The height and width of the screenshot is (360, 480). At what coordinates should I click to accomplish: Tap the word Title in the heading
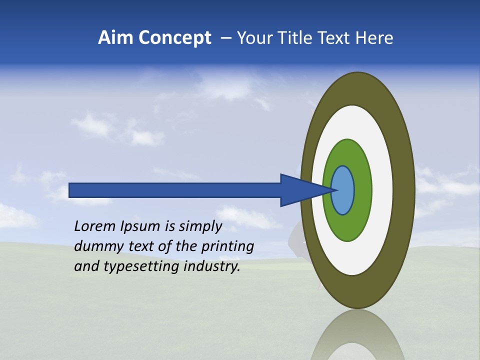tap(299, 38)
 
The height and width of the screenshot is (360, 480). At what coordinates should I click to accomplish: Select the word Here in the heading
tap(374, 38)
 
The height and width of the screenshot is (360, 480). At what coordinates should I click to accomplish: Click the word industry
tap(212, 266)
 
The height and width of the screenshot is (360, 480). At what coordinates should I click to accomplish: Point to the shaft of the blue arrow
tap(175, 190)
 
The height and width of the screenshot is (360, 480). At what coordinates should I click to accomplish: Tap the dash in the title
tap(225, 38)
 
